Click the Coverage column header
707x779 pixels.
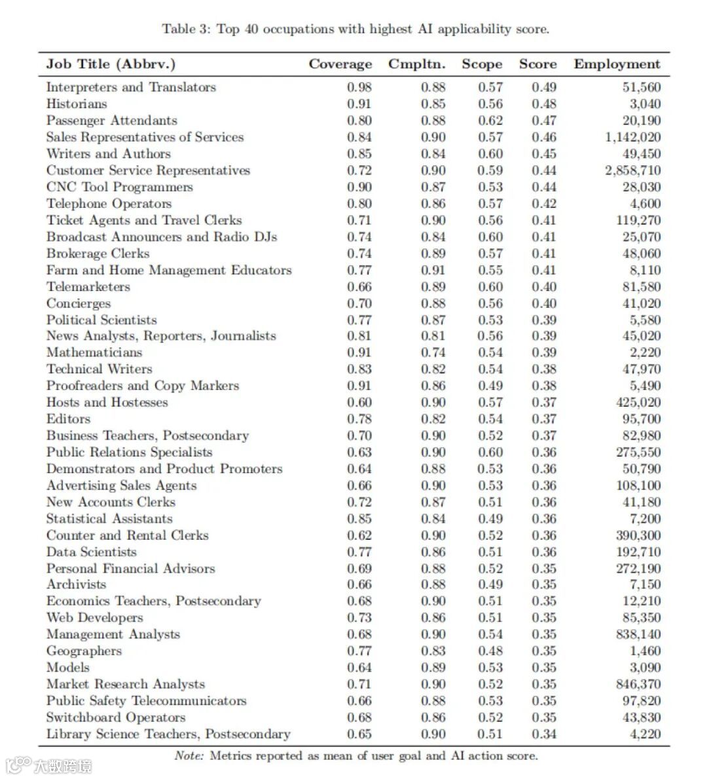tap(340, 64)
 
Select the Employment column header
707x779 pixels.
tap(617, 64)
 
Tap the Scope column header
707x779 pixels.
tap(482, 64)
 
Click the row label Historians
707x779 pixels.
tap(77, 104)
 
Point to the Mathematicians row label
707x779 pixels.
tap(94, 352)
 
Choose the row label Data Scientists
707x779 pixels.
tap(92, 552)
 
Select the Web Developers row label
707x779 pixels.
tap(94, 618)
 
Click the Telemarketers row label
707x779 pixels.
tap(88, 286)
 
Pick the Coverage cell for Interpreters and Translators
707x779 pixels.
tap(359, 87)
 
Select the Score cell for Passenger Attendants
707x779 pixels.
tap(544, 121)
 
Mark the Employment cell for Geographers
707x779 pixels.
tap(645, 651)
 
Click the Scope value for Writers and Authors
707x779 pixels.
tap(490, 154)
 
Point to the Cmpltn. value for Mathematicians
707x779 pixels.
tap(433, 352)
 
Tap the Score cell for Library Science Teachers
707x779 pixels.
tap(544, 734)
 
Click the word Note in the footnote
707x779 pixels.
tap(189, 756)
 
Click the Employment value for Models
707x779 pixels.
tap(645, 668)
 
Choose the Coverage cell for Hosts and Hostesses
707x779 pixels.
tap(359, 402)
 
